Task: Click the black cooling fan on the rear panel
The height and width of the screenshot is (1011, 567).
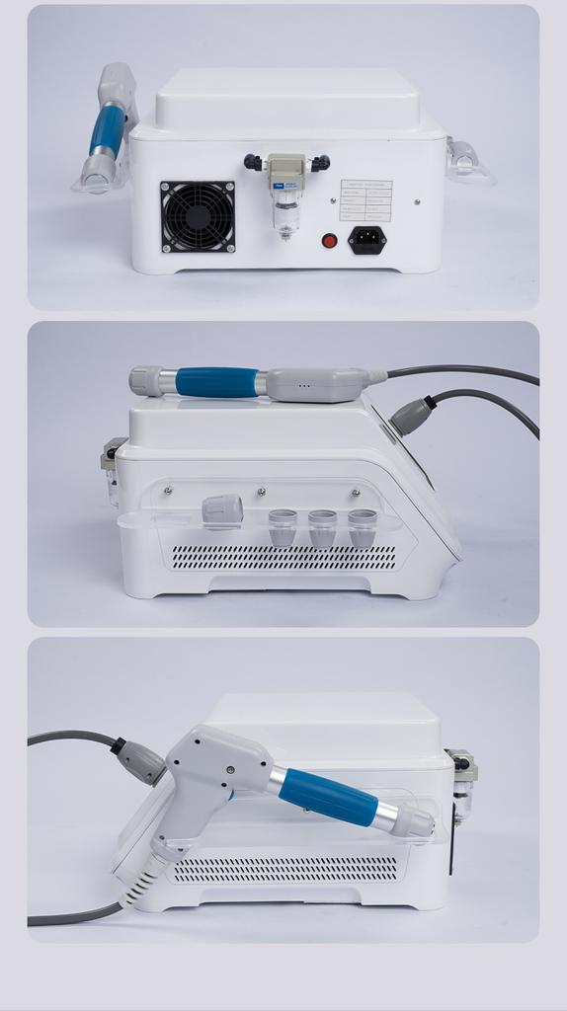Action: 198,216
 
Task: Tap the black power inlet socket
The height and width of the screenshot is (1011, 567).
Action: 366,240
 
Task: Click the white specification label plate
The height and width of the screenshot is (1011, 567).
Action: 365,200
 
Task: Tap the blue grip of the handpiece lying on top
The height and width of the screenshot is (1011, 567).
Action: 216,382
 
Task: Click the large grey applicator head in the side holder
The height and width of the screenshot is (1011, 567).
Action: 222,510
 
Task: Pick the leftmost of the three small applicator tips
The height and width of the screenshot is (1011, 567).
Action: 283,527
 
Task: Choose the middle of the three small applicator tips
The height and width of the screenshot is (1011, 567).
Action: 322,527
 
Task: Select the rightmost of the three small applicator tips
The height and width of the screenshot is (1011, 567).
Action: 363,527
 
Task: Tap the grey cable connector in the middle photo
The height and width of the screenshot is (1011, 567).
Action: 412,416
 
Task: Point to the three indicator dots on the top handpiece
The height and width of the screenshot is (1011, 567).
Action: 304,386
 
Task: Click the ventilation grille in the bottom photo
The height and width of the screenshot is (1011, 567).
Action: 286,869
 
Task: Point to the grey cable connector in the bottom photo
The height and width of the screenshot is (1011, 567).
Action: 141,761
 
